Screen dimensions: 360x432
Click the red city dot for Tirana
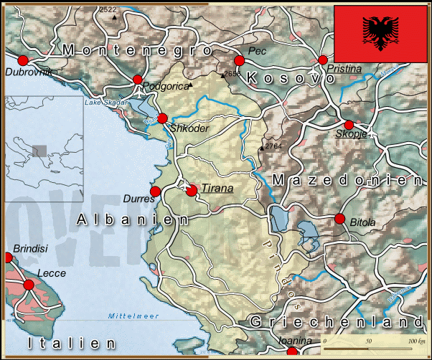192,190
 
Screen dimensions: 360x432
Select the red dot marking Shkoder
162,118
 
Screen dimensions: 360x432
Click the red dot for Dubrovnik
22,60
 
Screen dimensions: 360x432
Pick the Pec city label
256,51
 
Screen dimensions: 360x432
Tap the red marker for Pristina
323,60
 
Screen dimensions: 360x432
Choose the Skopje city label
351,134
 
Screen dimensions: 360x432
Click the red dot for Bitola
339,218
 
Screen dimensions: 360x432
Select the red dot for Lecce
29,285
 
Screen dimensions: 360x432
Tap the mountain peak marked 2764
261,148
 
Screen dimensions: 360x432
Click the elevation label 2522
108,9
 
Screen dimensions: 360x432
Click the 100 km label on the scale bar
416,341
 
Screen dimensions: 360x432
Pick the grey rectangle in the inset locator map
40,151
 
